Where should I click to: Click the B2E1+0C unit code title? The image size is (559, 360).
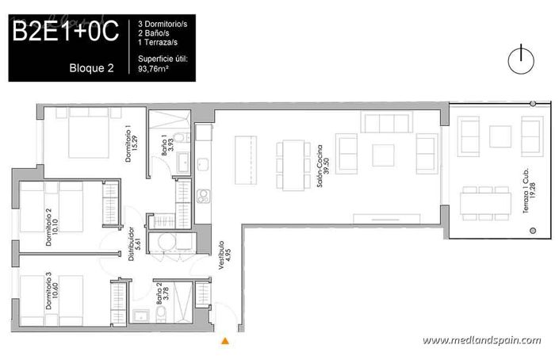(65, 32)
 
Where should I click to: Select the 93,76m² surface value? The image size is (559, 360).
(155, 68)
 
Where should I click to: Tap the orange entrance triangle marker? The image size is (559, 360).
(225, 341)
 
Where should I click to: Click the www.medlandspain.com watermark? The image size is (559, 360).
(481, 340)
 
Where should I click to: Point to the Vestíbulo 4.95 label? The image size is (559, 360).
(224, 256)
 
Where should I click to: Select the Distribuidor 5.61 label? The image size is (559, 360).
(127, 245)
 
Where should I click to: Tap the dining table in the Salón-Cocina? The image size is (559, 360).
(292, 164)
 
